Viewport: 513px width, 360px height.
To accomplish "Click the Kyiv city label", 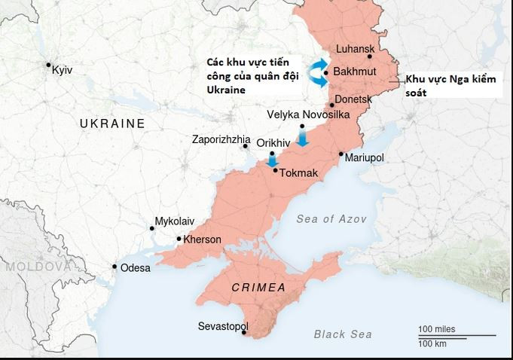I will (x=62, y=70).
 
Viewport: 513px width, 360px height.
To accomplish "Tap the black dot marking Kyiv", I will (x=48, y=65).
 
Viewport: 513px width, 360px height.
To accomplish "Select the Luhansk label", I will (x=355, y=49).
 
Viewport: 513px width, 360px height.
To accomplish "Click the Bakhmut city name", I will (x=354, y=72).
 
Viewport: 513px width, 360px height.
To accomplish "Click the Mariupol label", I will (x=365, y=157).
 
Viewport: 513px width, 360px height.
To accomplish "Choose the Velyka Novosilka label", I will (x=308, y=114).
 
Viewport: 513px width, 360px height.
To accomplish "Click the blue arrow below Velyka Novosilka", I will (x=302, y=138).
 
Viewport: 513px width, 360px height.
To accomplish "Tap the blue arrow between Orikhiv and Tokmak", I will (x=273, y=160).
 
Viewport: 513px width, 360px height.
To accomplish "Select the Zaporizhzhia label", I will (x=221, y=139).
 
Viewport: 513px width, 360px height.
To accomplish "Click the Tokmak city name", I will (x=299, y=173).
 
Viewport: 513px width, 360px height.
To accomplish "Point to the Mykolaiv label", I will (x=174, y=221).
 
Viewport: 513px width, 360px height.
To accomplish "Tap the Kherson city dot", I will (x=179, y=239).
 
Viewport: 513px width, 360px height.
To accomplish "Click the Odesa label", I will (x=136, y=268).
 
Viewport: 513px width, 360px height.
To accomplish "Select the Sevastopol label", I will (x=223, y=326).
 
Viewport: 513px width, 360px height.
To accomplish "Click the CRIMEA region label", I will (x=258, y=288).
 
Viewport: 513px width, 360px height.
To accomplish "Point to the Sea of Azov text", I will (x=331, y=219).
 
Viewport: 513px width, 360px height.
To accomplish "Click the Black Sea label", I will (x=343, y=334).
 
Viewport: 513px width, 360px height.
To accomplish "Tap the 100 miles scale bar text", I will (x=437, y=330).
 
